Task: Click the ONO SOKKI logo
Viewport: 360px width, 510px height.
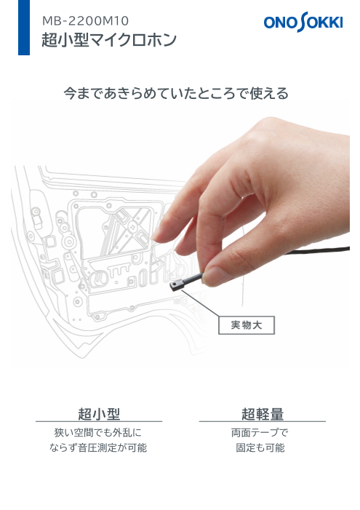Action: click(x=303, y=24)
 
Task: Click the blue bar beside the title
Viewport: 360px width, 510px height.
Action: click(x=23, y=28)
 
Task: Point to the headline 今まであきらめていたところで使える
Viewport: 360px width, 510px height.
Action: click(x=176, y=94)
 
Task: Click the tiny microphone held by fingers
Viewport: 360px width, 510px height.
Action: click(x=177, y=286)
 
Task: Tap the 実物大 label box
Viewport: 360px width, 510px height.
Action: click(x=247, y=325)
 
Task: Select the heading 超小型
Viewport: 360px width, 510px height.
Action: click(x=99, y=415)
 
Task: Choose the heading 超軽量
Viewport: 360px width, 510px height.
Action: click(x=263, y=415)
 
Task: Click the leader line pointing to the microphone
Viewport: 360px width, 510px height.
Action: click(x=200, y=304)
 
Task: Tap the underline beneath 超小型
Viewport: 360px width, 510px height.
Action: click(x=99, y=422)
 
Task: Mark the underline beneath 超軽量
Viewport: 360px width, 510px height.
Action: click(x=263, y=422)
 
